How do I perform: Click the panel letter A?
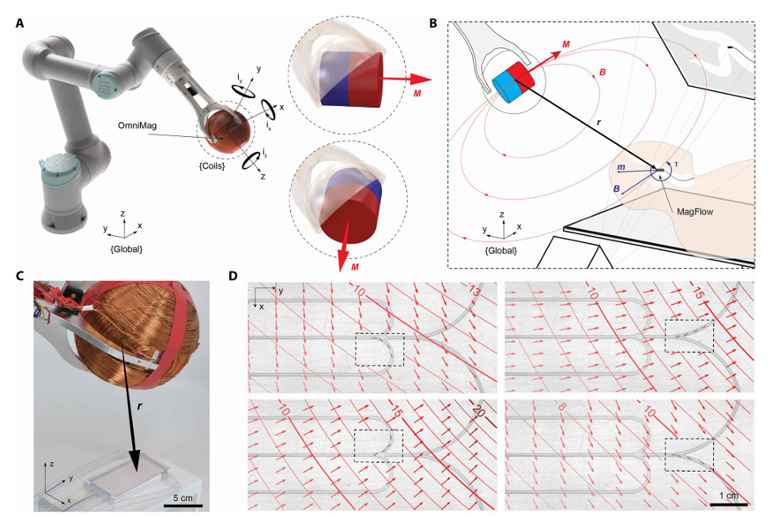(20, 24)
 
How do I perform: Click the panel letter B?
(433, 24)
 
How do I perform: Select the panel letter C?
(20, 276)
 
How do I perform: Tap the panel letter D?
(233, 276)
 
